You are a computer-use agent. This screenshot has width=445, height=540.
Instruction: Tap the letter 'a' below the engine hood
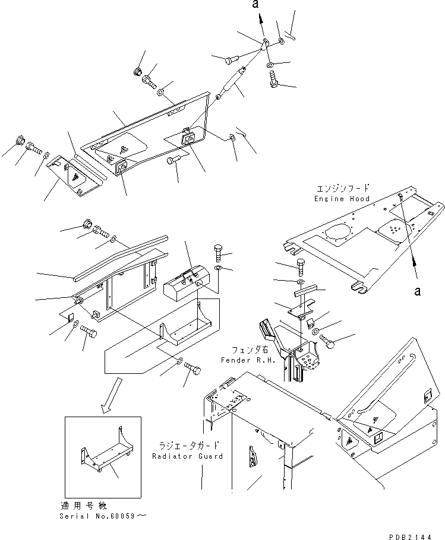[418, 291]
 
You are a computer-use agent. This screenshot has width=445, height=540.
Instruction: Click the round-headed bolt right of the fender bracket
[329, 341]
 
